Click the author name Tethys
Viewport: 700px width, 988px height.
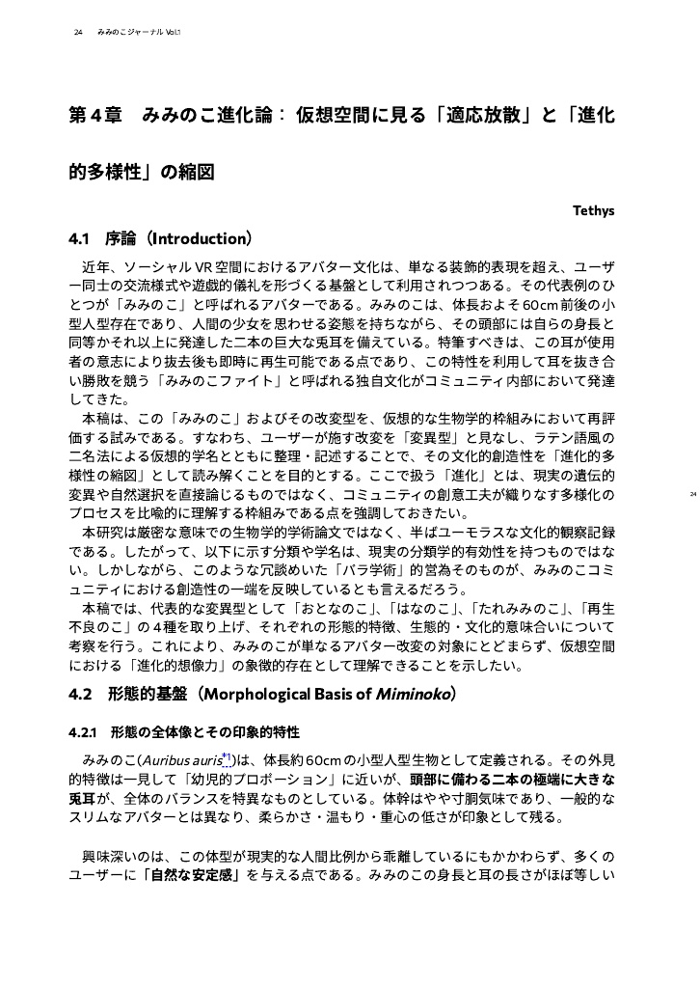click(594, 208)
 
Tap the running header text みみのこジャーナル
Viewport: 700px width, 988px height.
click(130, 33)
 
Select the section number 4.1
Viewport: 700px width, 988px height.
click(80, 237)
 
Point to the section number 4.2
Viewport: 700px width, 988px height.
click(81, 694)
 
